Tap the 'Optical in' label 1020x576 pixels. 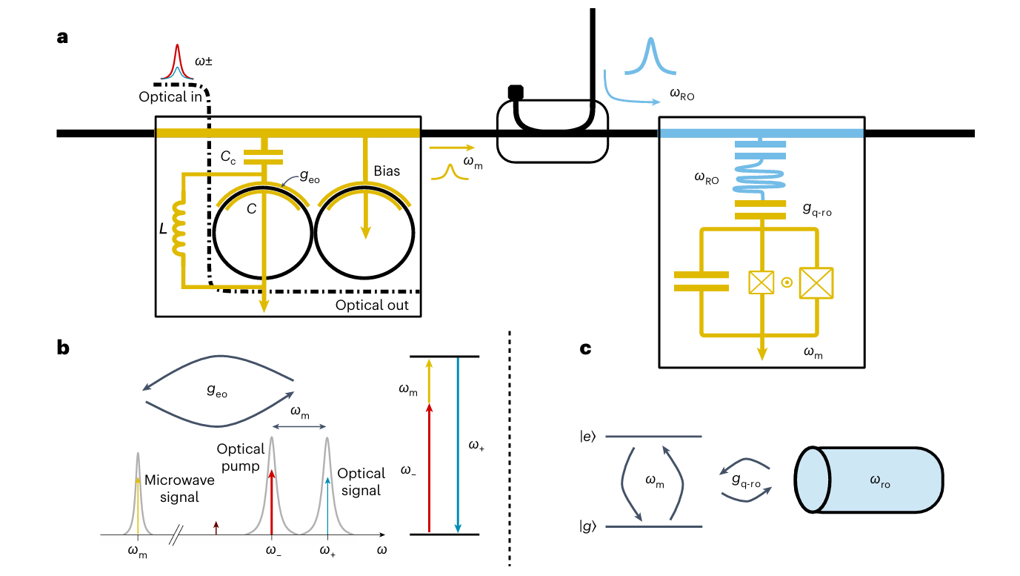(171, 97)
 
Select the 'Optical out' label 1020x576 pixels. (372, 305)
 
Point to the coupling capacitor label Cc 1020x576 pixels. (229, 156)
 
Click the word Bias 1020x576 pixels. (387, 171)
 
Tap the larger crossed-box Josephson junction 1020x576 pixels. (816, 282)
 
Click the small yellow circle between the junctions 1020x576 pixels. (788, 282)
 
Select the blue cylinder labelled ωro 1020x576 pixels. (868, 480)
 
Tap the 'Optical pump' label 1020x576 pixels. (241, 457)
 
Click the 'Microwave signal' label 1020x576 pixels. (179, 489)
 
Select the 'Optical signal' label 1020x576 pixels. (361, 481)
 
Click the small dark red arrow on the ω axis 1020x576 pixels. (216, 527)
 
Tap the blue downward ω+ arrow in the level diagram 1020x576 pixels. (459, 445)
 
